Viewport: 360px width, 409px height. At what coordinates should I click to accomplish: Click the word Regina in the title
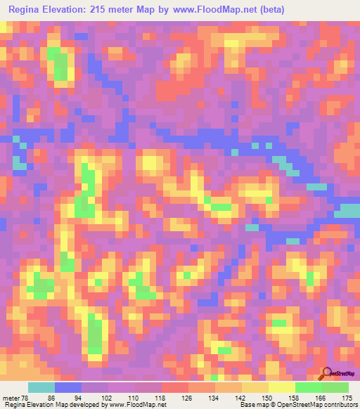[x=28, y=9]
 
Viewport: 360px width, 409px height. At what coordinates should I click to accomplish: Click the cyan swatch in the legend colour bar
[x=41, y=388]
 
